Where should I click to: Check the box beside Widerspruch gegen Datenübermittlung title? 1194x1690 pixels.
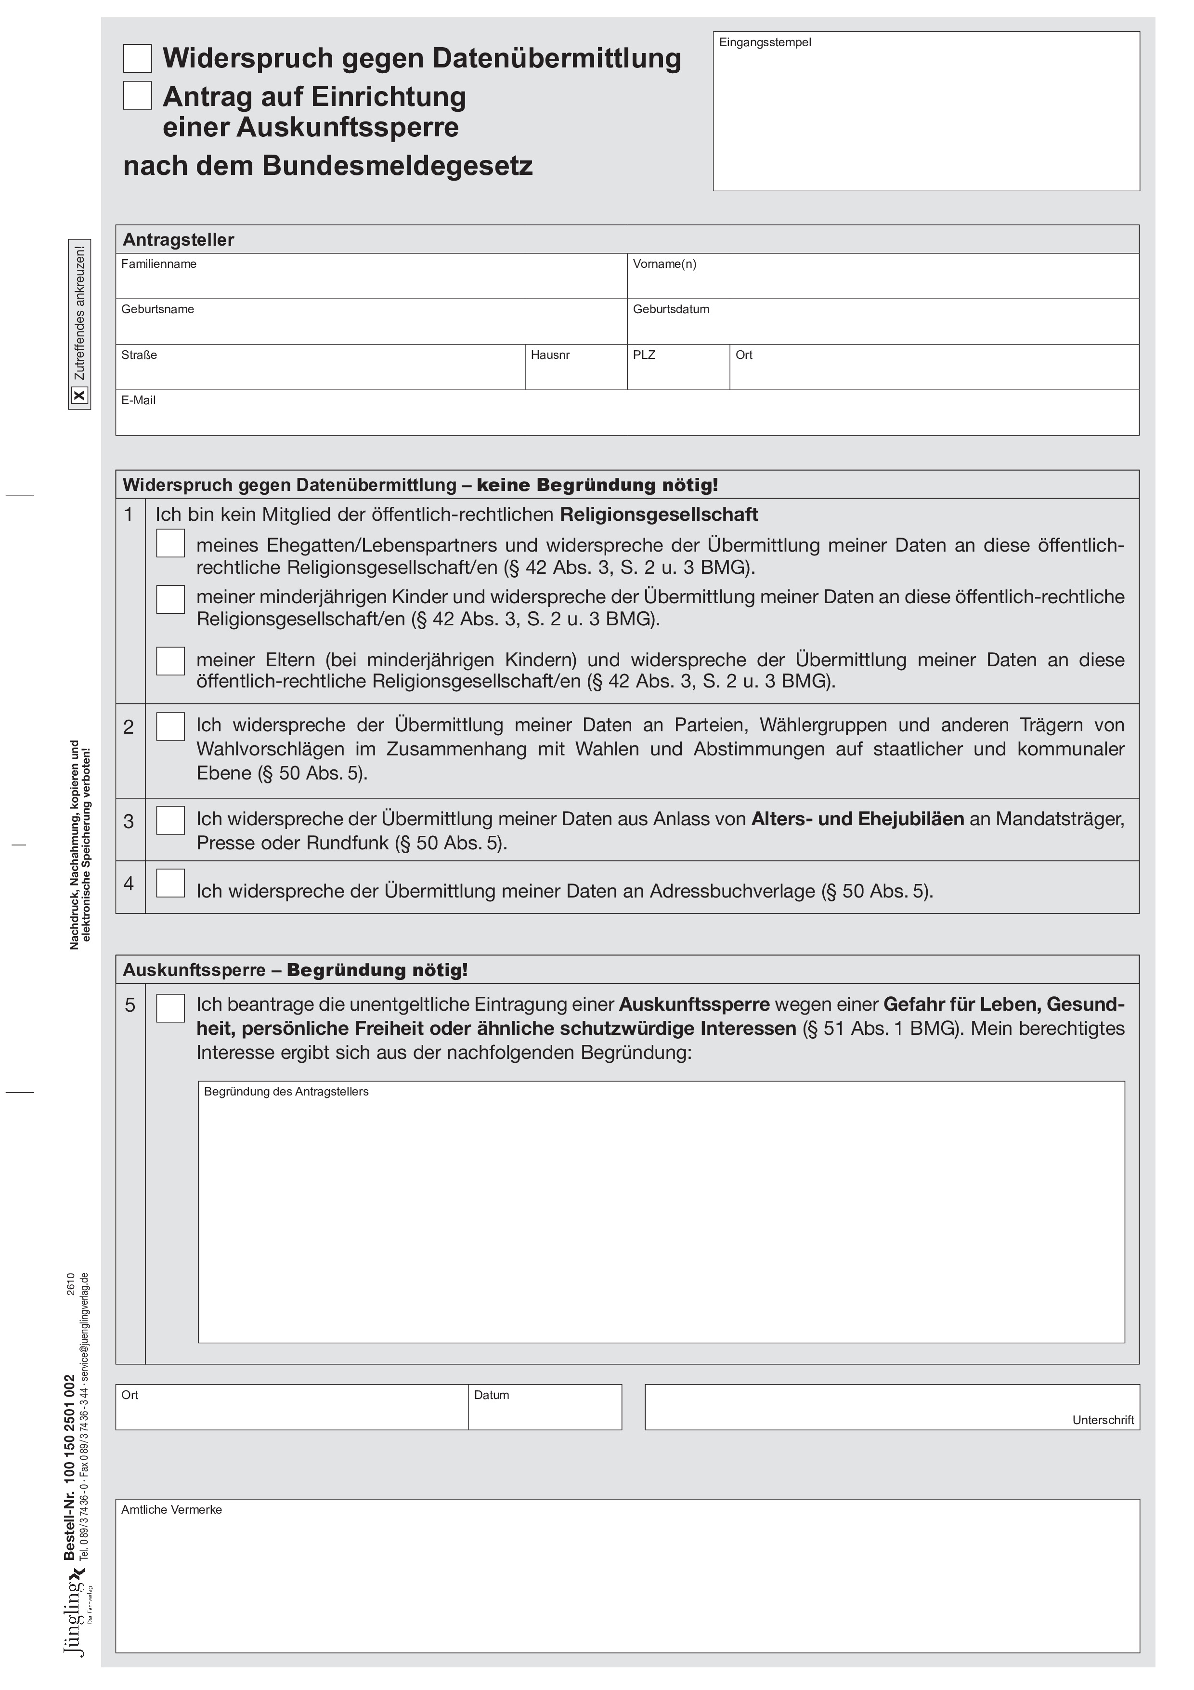coord(138,58)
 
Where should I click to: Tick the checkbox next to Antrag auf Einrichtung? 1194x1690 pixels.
coord(138,96)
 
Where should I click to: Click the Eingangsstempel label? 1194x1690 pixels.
coord(765,43)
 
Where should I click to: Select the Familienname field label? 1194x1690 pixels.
coord(159,264)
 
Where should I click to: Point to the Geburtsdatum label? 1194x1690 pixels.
coord(671,310)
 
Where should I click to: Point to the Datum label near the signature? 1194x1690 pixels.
coord(492,1396)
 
